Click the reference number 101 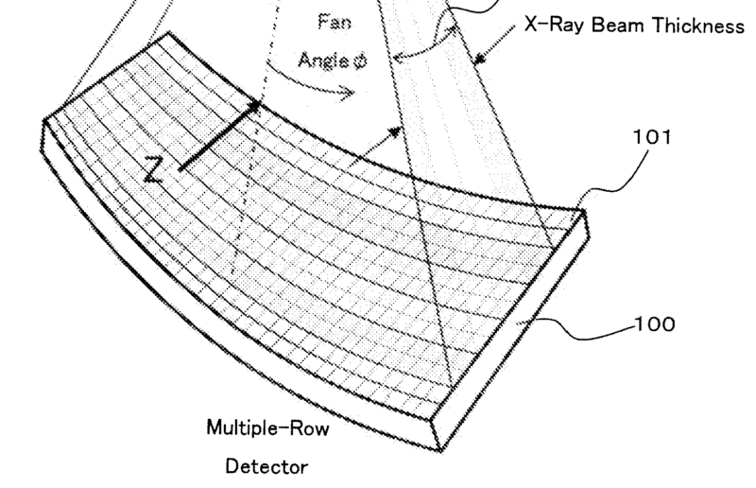click(x=652, y=137)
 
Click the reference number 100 click(x=654, y=324)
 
